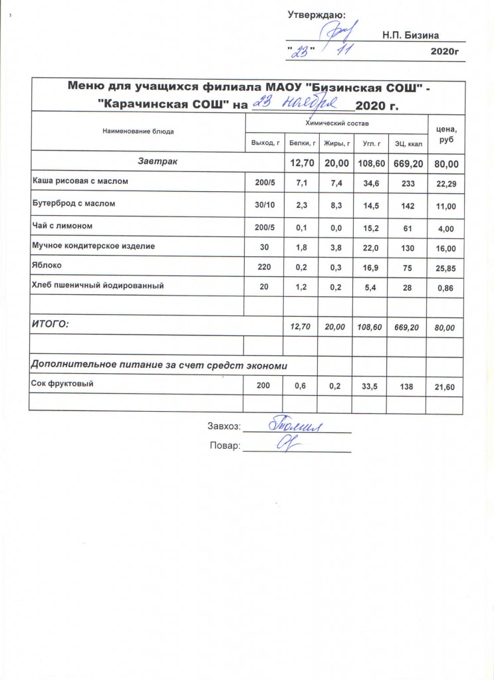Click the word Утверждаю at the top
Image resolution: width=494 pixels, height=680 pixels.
tap(316, 14)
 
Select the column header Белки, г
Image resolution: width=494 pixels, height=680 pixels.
tap(302, 142)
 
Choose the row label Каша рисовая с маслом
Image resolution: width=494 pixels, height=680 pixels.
tap(80, 180)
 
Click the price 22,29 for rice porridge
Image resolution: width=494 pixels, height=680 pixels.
tap(445, 181)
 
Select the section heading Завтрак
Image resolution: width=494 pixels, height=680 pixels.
tap(157, 161)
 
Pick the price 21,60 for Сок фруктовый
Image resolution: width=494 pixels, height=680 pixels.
tap(445, 386)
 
